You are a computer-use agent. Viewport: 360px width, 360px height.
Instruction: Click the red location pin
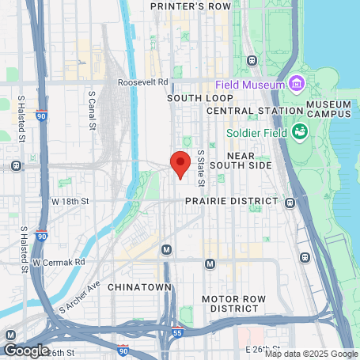pos(180,162)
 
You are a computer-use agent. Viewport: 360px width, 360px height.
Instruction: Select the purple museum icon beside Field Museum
pos(296,82)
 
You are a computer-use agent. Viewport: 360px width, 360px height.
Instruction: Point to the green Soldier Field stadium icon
pos(299,131)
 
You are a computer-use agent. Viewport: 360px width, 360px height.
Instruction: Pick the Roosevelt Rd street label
pos(142,82)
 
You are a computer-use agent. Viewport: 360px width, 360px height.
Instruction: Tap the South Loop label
pos(191,98)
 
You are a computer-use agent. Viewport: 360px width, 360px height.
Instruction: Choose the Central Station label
pos(244,111)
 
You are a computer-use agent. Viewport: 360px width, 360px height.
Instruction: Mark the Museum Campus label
pos(328,108)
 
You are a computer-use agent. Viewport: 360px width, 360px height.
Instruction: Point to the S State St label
pos(201,168)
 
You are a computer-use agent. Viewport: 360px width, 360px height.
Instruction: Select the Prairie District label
pos(231,202)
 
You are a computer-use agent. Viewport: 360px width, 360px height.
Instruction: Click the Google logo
pos(26,350)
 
